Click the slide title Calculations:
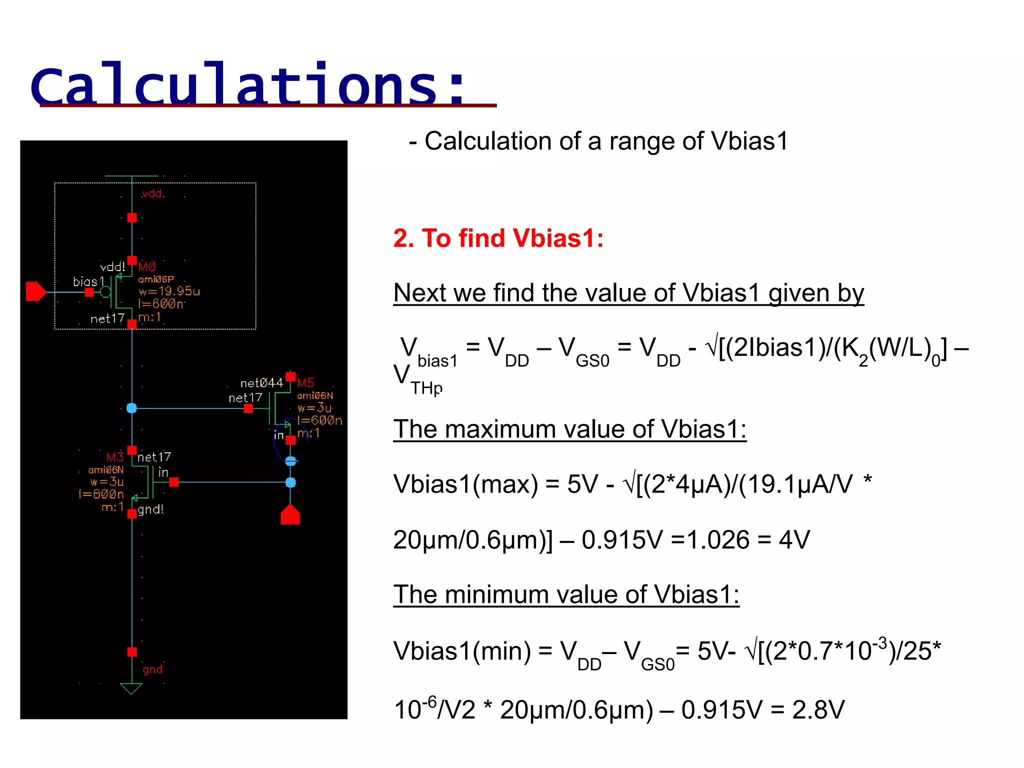[x=248, y=84]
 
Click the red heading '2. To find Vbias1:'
[x=498, y=238]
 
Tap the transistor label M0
[x=147, y=266]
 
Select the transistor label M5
[x=305, y=383]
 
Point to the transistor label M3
[x=114, y=457]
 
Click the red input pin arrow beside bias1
[x=35, y=291]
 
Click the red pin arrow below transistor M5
[x=290, y=514]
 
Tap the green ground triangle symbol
[x=131, y=688]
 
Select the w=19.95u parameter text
[x=169, y=291]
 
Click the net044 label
[x=261, y=383]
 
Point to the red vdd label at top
[x=151, y=194]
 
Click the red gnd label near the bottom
[x=152, y=669]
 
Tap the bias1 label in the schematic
[x=88, y=281]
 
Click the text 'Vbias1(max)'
[x=465, y=484]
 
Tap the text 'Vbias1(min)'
[x=462, y=651]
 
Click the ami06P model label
[x=156, y=279]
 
